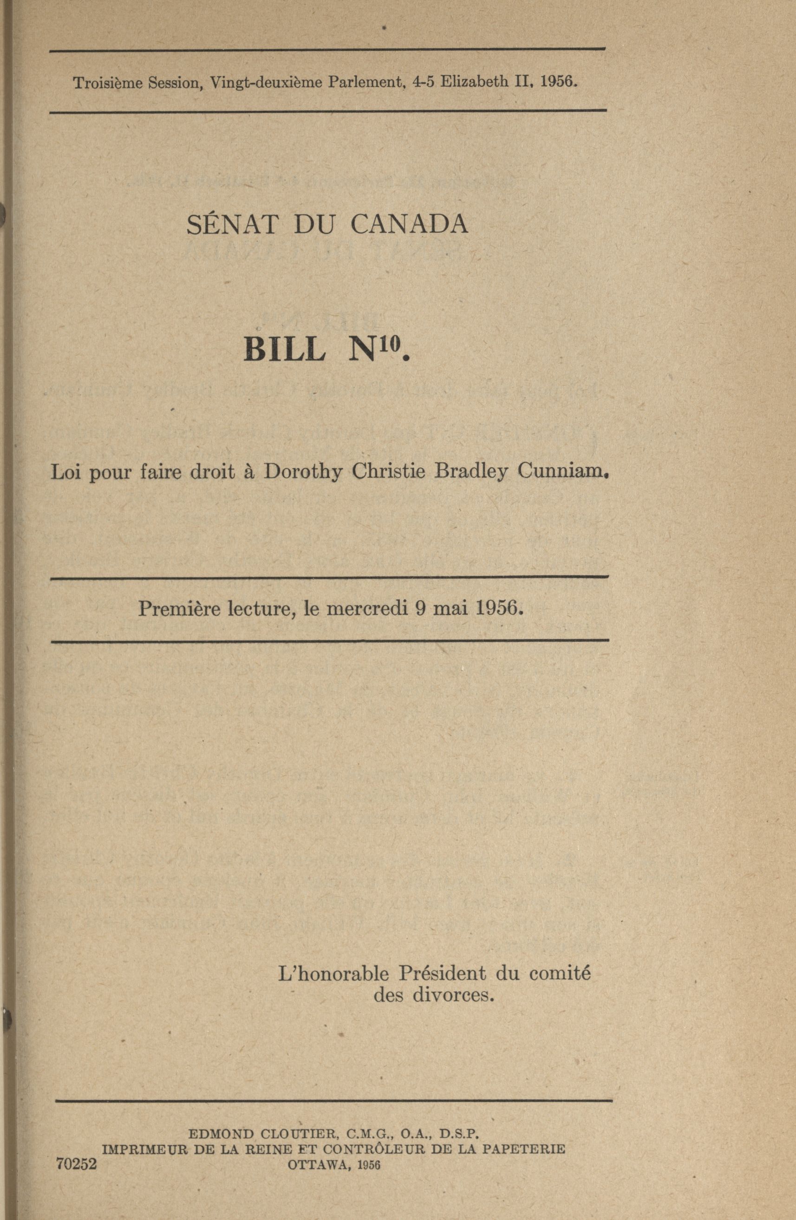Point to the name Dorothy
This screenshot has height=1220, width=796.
pos(303,472)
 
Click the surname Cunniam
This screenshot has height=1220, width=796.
pos(561,471)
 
